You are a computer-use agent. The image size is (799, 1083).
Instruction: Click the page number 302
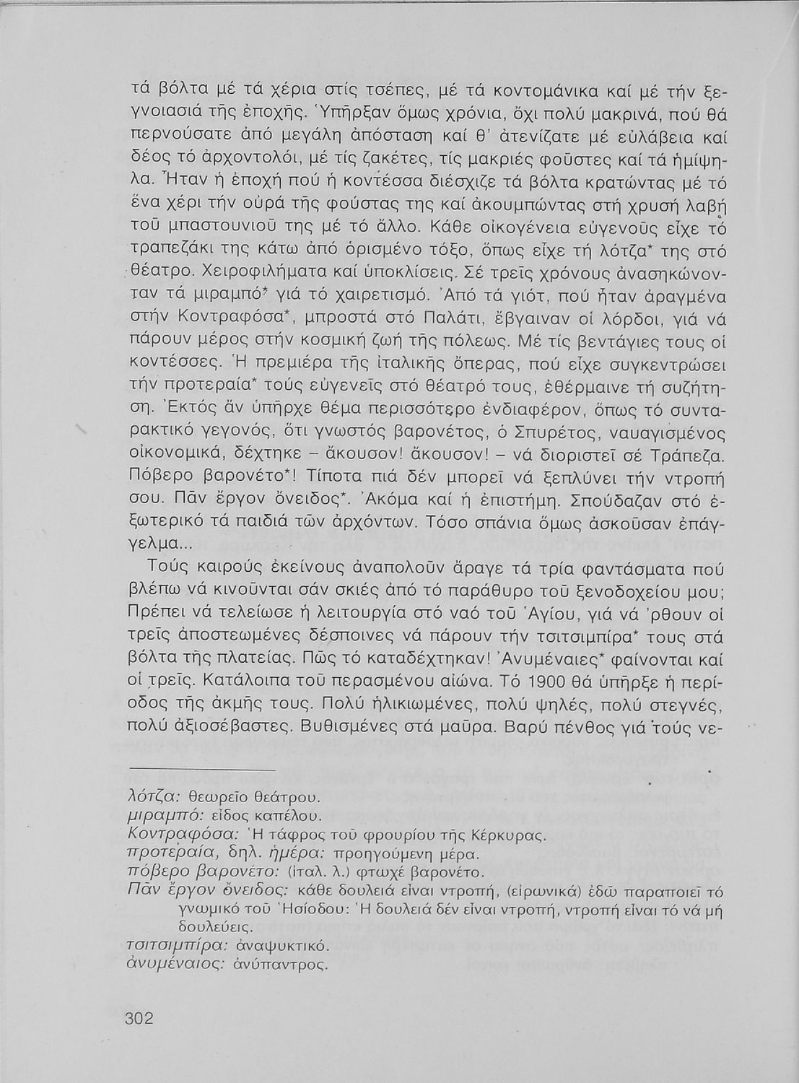pyautogui.click(x=140, y=1018)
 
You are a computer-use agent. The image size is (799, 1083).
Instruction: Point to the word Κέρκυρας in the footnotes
pyautogui.click(x=512, y=835)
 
